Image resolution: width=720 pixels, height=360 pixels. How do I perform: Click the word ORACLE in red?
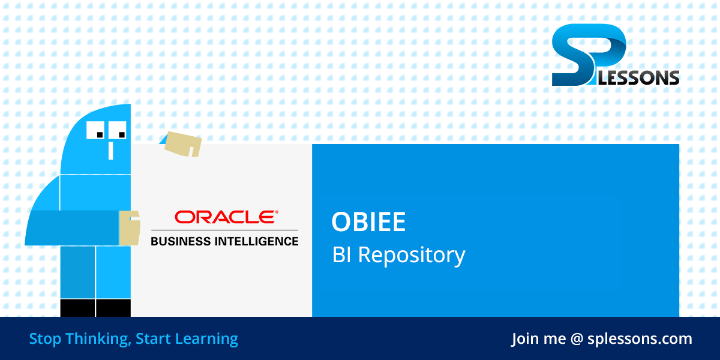[224, 217]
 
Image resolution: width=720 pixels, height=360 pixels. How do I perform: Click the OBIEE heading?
[368, 223]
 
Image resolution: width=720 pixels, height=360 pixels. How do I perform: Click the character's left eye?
[97, 130]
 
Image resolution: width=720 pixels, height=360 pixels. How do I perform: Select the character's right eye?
[118, 130]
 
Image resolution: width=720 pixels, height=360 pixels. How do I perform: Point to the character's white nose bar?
[110, 150]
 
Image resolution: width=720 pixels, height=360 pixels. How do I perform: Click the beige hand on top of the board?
[182, 143]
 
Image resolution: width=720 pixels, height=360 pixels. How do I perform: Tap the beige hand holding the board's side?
[129, 228]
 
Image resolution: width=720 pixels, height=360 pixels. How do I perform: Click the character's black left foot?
[77, 308]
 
